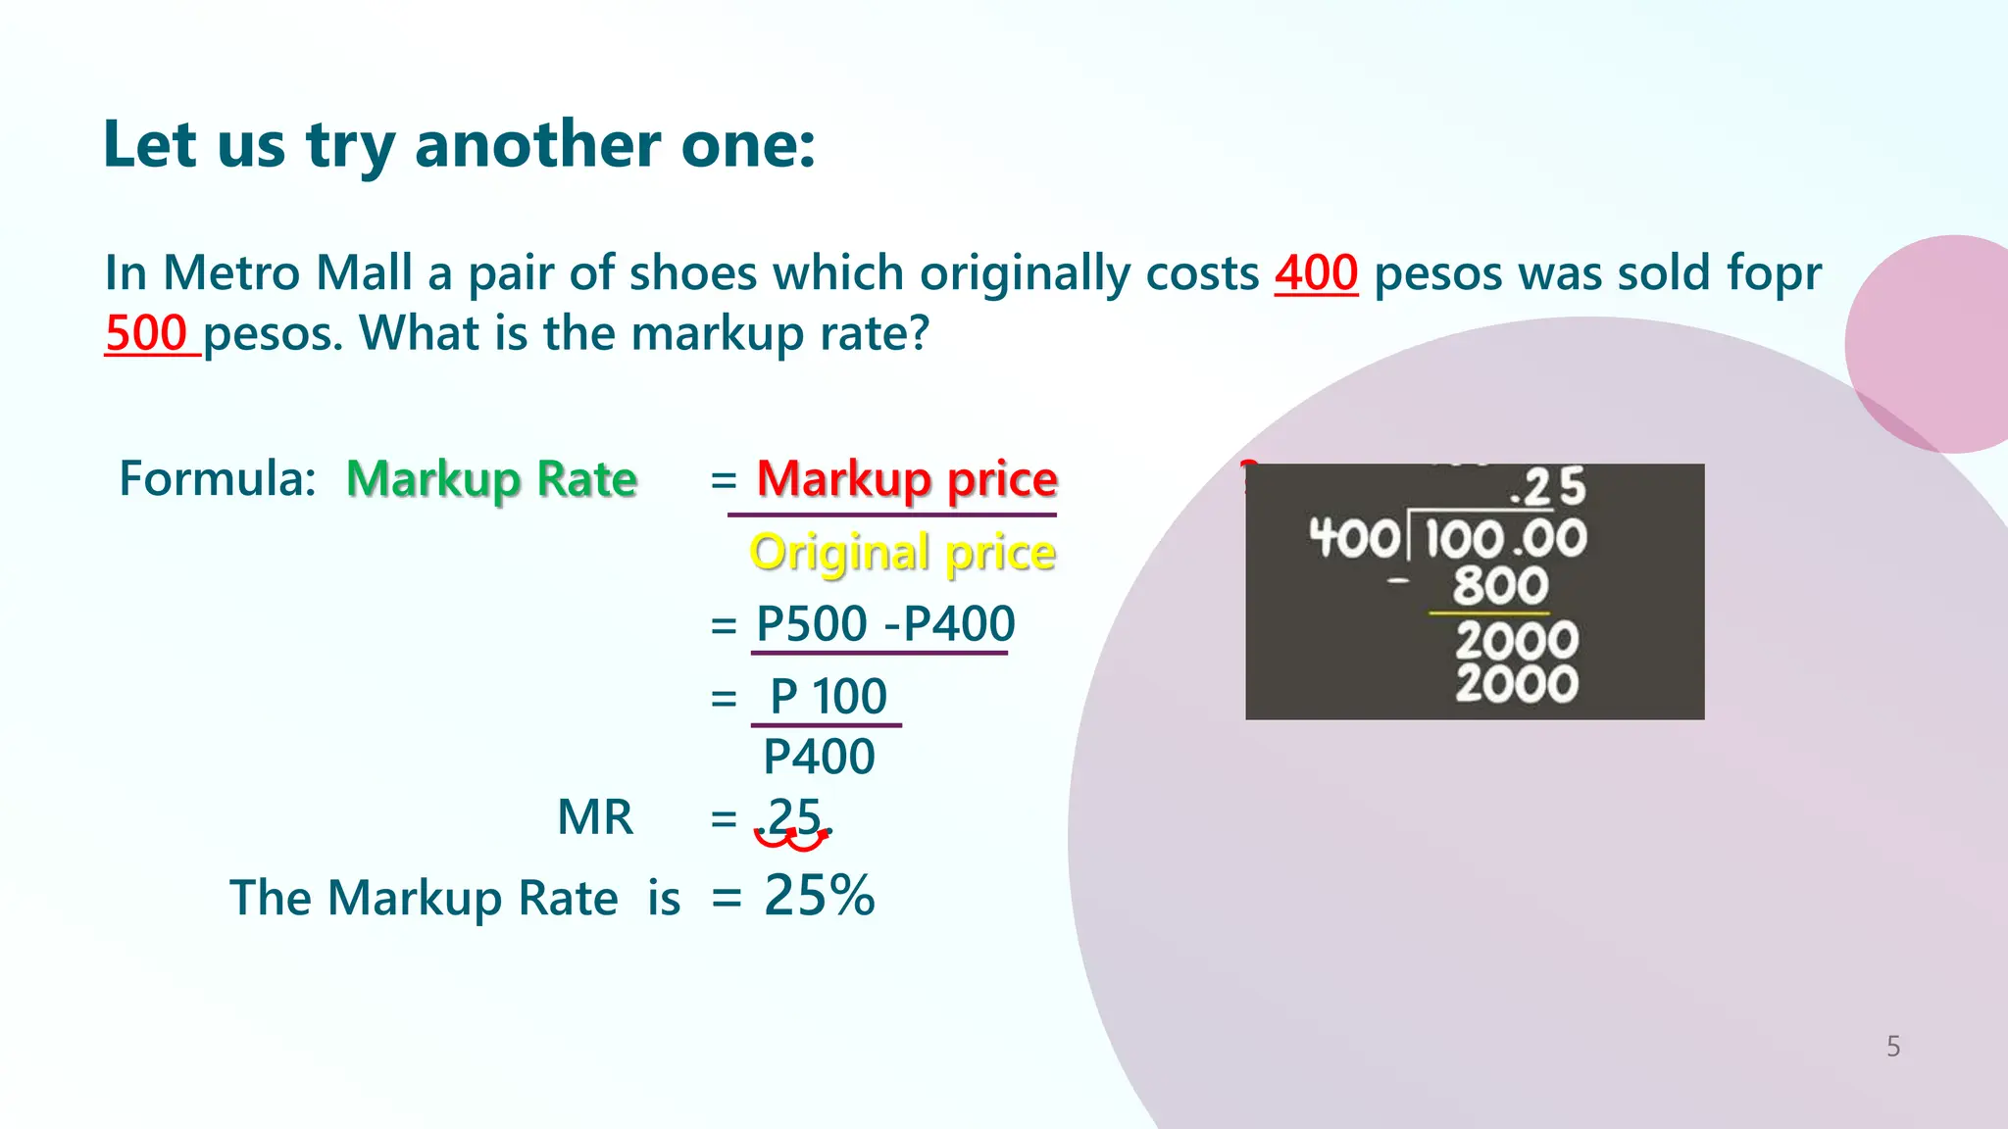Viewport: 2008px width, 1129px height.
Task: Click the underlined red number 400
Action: click(x=1316, y=272)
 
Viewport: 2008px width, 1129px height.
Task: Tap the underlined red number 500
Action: click(x=147, y=333)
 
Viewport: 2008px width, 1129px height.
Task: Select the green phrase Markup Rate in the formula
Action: click(x=491, y=479)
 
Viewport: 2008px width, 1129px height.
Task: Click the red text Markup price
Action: click(x=907, y=479)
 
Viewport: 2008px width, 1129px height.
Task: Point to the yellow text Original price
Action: click(x=902, y=553)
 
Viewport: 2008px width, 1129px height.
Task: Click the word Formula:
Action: click(x=217, y=479)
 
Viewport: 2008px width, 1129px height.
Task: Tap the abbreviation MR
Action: click(x=595, y=816)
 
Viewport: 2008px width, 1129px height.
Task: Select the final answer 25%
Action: click(x=819, y=896)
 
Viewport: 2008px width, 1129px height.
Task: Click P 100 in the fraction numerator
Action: click(x=828, y=697)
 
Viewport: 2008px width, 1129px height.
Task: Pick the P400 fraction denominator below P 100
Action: click(x=819, y=757)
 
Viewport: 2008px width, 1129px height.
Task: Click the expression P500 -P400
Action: click(x=884, y=624)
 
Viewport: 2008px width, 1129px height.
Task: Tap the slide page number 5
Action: click(x=1893, y=1047)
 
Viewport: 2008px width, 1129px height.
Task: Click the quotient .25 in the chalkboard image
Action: click(x=1548, y=487)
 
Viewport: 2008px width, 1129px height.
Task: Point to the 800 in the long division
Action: click(x=1500, y=586)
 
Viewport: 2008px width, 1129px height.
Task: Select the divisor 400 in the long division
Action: click(x=1355, y=538)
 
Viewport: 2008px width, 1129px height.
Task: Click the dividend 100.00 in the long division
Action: click(x=1505, y=539)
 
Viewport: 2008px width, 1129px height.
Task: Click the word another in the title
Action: click(x=537, y=144)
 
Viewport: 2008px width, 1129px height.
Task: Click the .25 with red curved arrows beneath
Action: click(x=792, y=816)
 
